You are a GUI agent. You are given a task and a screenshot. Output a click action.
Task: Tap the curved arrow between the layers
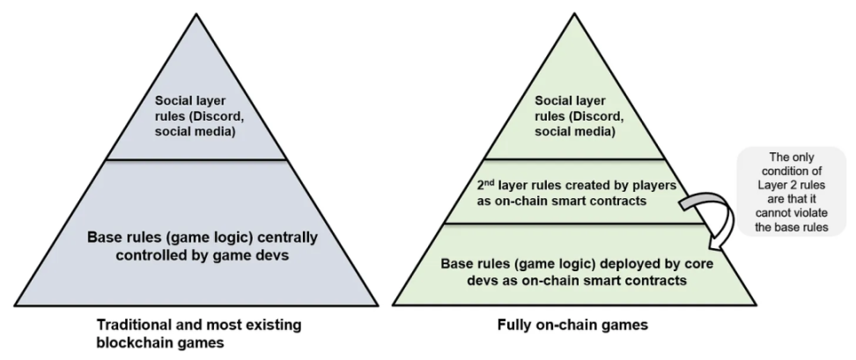click(x=706, y=214)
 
